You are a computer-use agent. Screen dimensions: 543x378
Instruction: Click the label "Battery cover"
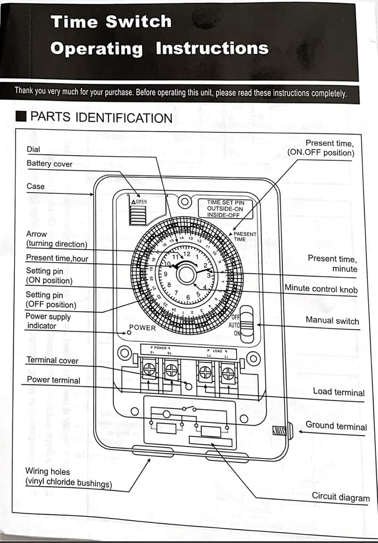coord(50,164)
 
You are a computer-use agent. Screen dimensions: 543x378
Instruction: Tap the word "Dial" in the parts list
coord(34,149)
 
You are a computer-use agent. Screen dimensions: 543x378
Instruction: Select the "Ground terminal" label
coord(336,425)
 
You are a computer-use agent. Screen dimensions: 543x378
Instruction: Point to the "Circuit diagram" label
coord(340,497)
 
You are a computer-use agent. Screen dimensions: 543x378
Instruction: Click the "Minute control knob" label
coord(321,289)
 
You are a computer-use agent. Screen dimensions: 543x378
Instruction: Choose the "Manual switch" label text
coord(332,321)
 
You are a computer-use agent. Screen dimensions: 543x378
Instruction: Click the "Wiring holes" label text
coord(47,472)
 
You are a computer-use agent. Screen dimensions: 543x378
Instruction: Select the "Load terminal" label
coord(338,392)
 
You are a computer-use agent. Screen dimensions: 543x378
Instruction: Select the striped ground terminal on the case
coord(279,431)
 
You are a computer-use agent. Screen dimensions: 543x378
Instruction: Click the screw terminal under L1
coord(227,373)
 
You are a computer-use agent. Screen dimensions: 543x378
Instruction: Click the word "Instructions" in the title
coord(212,48)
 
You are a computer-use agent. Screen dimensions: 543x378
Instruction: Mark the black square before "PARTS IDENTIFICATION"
coord(20,117)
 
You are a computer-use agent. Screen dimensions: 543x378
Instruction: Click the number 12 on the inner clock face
coord(187,254)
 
